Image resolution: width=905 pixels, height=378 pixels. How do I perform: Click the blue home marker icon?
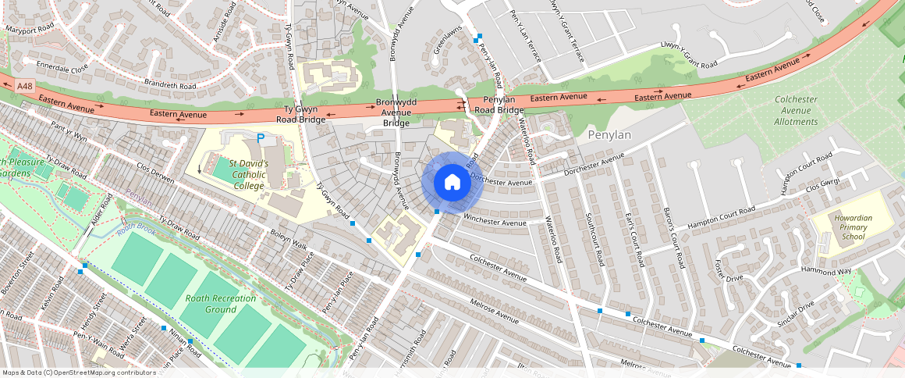point(452,183)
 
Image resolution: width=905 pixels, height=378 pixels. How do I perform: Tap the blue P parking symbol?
point(261,138)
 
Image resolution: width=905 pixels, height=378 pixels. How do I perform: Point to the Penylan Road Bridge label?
point(499,105)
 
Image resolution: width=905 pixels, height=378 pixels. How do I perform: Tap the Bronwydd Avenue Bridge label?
point(396,112)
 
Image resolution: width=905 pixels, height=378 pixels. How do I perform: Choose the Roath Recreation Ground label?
point(221,304)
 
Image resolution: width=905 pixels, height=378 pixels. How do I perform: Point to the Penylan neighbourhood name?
point(608,135)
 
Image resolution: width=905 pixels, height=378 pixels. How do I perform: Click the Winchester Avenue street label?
point(495,218)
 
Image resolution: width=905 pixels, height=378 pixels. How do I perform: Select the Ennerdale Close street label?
point(58,68)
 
